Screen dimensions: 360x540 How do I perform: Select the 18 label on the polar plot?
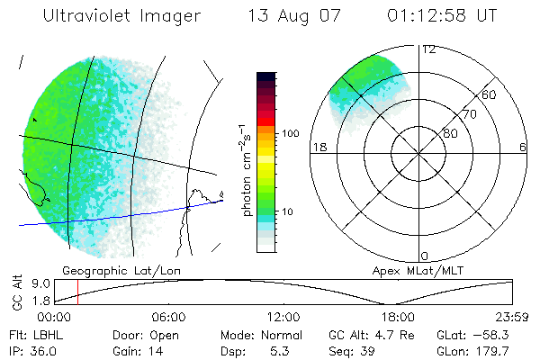(x=317, y=147)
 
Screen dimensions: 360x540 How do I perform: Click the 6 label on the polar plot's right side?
(x=523, y=147)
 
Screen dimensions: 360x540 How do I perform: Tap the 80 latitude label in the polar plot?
(x=450, y=133)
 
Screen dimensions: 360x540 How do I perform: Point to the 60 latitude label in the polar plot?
(x=490, y=94)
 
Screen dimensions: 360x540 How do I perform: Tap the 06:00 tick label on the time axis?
(x=168, y=317)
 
